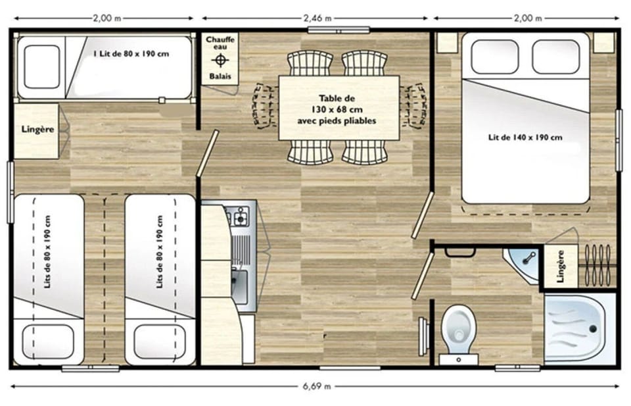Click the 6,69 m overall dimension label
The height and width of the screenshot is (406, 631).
click(317, 386)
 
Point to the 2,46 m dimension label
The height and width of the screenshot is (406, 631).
click(317, 18)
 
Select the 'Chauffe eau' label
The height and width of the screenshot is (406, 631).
click(220, 44)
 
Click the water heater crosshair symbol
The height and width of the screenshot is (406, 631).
click(220, 61)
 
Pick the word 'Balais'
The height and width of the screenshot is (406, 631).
click(220, 76)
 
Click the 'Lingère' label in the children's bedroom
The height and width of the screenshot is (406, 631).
click(37, 130)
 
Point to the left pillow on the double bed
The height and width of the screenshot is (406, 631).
click(494, 57)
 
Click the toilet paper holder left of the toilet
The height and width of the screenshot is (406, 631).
click(424, 327)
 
